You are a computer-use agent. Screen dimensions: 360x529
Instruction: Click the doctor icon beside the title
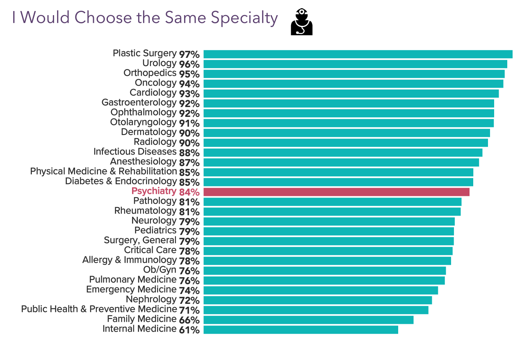(301, 22)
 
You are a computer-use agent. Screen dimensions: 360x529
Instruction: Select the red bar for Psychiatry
(336, 192)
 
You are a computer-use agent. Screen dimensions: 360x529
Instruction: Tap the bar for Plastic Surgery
(358, 54)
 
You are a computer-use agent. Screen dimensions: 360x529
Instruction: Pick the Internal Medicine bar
(301, 330)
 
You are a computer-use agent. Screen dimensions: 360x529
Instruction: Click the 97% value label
(189, 55)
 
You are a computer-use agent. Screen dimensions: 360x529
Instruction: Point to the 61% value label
(189, 330)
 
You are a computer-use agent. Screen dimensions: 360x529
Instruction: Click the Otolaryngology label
(143, 122)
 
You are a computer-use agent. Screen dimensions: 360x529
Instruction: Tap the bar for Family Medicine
(308, 320)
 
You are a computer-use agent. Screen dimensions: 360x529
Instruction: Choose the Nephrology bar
(317, 300)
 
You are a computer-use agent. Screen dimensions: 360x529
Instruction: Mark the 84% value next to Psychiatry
(189, 192)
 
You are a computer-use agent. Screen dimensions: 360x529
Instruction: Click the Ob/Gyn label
(160, 270)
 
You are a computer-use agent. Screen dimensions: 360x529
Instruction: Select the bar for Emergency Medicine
(321, 290)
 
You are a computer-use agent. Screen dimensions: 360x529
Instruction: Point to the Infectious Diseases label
(135, 152)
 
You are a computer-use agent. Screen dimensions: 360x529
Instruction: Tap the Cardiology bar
(351, 93)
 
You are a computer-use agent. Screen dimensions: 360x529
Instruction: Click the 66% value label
(189, 320)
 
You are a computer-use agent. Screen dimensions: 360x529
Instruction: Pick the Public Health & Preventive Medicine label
(99, 309)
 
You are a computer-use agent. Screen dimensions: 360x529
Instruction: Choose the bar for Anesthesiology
(341, 162)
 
